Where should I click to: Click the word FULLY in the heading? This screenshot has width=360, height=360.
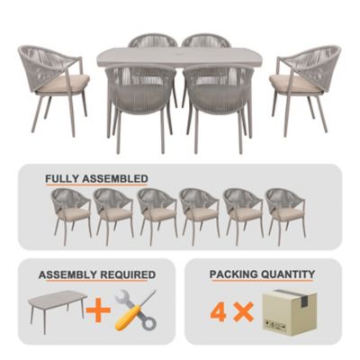click(x=63, y=178)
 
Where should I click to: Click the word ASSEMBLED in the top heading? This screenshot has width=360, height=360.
click(x=115, y=178)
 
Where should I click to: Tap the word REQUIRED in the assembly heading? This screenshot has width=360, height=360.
click(x=127, y=274)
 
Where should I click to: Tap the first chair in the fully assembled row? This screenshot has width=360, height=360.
click(x=70, y=213)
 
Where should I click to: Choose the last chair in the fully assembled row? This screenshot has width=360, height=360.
click(x=284, y=213)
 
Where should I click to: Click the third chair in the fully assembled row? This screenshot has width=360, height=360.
click(x=157, y=213)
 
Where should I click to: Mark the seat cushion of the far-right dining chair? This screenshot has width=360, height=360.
click(x=298, y=84)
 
